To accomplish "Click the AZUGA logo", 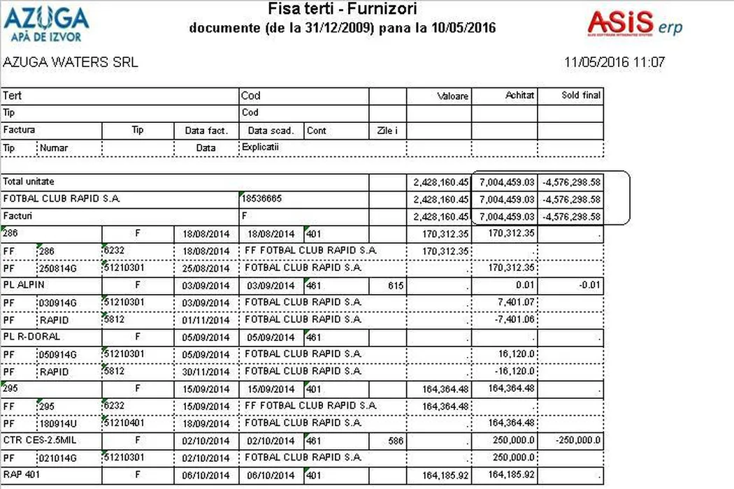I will coord(47,24).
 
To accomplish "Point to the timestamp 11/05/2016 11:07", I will coord(614,62).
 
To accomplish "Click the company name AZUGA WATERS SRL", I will coord(71,62).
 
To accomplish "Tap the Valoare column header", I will coord(453,96).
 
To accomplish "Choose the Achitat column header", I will coord(520,95).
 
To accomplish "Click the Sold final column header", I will coord(581,95).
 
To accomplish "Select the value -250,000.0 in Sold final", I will coord(578,440).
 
